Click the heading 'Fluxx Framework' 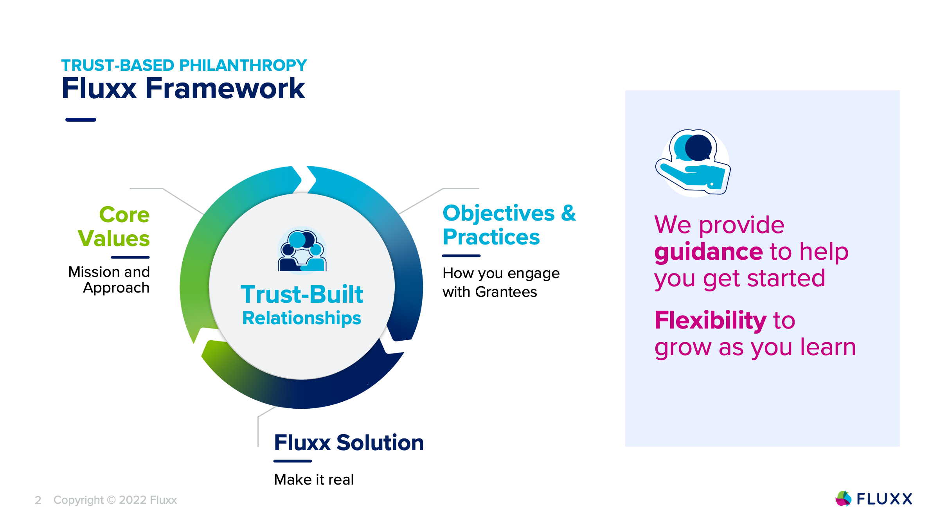pos(183,89)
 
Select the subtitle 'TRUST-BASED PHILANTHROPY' pos(184,65)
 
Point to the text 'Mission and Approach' pos(109,280)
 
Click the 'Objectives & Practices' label pos(509,225)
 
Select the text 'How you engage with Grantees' pos(501,282)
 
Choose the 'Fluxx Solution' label pos(349,443)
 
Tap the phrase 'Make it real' pos(314,480)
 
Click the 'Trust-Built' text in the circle pos(302,294)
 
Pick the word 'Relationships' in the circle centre pos(302,318)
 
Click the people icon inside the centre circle pos(302,251)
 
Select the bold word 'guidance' pos(708,251)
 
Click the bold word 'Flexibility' pos(710,320)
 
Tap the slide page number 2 pos(38,500)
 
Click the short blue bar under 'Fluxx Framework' pos(81,120)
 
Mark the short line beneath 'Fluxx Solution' pos(293,461)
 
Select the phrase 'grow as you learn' pos(755,347)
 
